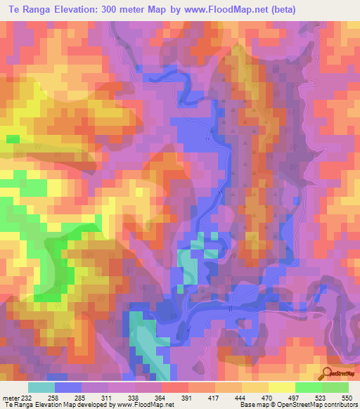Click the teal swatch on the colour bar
coord(41,388)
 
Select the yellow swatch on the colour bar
coord(281,388)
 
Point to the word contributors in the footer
coord(339,404)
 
